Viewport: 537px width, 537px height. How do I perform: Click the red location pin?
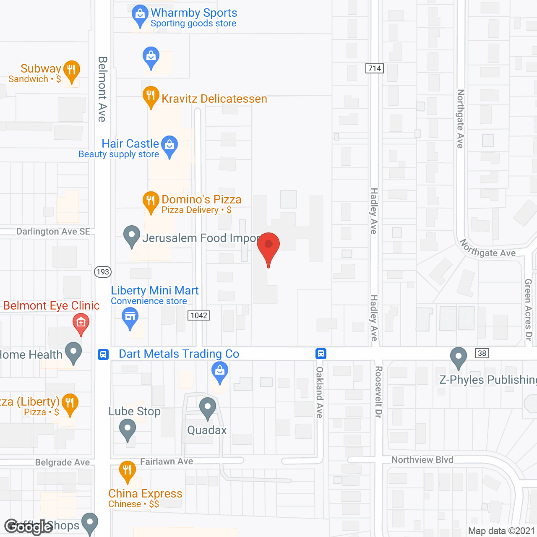pos(268,245)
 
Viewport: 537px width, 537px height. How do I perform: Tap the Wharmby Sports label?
pos(194,13)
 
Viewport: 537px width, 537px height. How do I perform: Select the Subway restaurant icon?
pos(72,70)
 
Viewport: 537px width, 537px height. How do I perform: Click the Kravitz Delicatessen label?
pos(214,99)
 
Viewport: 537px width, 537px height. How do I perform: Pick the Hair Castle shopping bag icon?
pos(169,145)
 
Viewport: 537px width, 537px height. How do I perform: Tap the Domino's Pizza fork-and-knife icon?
pos(151,201)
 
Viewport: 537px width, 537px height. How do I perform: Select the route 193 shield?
pos(102,272)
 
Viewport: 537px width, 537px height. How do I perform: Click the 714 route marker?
pos(375,68)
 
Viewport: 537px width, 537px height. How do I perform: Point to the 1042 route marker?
pos(199,315)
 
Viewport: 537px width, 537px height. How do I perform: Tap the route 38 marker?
pos(482,353)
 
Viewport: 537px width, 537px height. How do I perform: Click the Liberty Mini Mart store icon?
pos(130,318)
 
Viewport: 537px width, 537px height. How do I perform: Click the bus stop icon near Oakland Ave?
pos(321,354)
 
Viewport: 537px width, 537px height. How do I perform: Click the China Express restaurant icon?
pos(127,471)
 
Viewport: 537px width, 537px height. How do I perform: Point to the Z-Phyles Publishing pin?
pos(458,357)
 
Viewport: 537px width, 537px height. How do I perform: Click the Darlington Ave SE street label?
pos(53,232)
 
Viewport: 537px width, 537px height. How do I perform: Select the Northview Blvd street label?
pos(422,460)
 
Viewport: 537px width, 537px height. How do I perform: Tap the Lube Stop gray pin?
pos(128,430)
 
